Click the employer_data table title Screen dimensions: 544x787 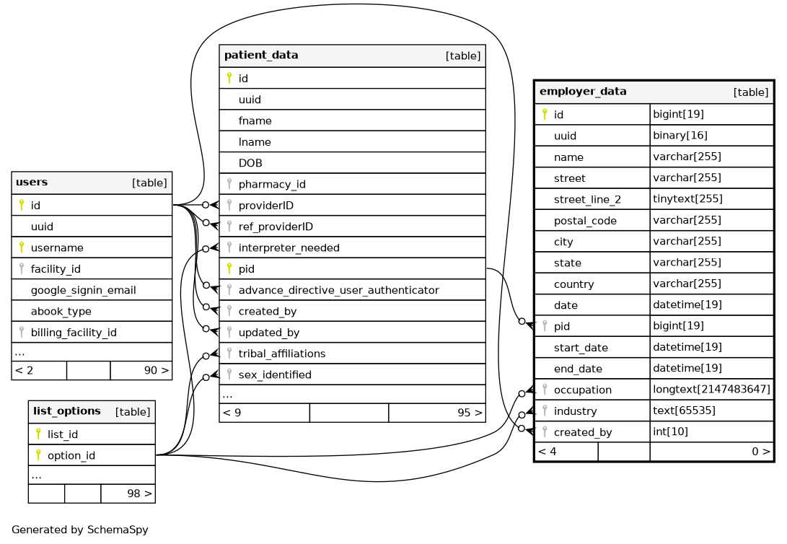[x=583, y=92]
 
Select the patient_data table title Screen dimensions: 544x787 [x=261, y=56]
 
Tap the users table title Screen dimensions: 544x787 [x=32, y=183]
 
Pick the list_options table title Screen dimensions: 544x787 [x=67, y=411]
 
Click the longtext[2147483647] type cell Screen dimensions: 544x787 [x=711, y=390]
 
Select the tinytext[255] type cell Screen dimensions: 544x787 [x=687, y=199]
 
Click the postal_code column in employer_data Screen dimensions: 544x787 [x=585, y=221]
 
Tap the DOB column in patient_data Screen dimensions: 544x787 [x=250, y=163]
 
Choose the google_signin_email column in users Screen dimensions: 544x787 [x=83, y=291]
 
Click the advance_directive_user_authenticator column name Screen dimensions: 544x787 [x=338, y=290]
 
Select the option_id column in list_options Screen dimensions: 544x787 [x=71, y=455]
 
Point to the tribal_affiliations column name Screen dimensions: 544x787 [x=281, y=354]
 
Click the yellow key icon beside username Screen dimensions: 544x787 [x=22, y=247]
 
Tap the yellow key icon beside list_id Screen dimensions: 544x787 [x=38, y=434]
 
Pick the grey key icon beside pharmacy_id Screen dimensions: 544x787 [x=229, y=184]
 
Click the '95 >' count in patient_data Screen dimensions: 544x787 [x=470, y=413]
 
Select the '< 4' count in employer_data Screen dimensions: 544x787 [x=548, y=452]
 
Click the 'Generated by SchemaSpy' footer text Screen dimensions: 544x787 [x=79, y=530]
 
